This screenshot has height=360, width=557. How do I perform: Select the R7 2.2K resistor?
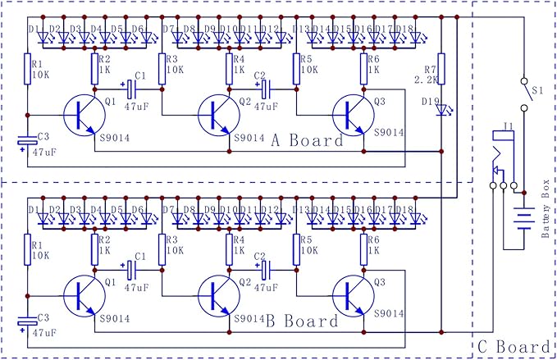[x=441, y=66]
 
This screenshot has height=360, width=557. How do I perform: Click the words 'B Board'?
[x=303, y=321]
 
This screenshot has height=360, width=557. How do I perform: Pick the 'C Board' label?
[x=514, y=346]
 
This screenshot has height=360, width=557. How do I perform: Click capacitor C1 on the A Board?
[x=130, y=86]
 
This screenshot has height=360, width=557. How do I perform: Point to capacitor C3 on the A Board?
[x=27, y=143]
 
